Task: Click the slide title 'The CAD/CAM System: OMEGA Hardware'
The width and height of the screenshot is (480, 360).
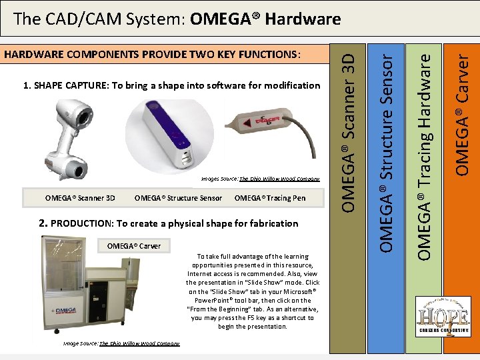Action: [x=177, y=19]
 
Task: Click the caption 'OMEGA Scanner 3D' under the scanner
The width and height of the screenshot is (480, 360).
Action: [x=80, y=197]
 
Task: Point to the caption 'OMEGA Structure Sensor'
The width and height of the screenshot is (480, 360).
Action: [x=178, y=197]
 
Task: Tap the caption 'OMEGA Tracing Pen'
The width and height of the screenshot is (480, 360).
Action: [x=270, y=197]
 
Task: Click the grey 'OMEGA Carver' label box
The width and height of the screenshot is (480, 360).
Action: [x=134, y=245]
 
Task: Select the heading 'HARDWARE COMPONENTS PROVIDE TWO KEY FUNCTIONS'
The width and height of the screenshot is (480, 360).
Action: [x=153, y=54]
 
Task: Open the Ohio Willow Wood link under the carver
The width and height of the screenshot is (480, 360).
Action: [x=139, y=343]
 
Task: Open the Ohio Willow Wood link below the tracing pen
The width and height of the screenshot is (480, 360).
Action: [x=279, y=179]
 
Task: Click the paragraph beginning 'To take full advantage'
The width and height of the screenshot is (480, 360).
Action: [x=253, y=291]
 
